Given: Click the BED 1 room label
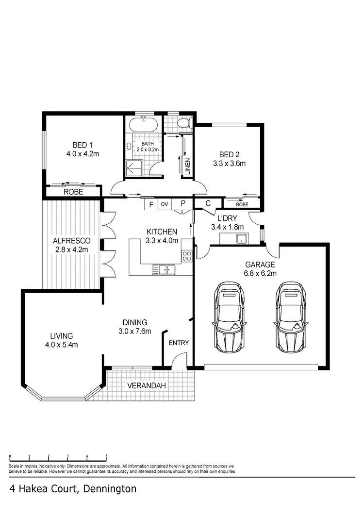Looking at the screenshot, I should (x=83, y=145).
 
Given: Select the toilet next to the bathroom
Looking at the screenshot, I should (x=182, y=125).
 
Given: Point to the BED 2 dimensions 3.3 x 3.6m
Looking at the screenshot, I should (x=229, y=164).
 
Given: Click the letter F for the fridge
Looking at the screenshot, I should (x=151, y=204).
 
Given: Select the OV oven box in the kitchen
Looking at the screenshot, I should (x=165, y=204).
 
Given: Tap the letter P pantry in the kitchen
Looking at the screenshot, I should (x=183, y=204).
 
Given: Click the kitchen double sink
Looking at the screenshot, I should (x=165, y=269).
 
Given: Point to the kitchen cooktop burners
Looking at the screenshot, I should (x=186, y=256).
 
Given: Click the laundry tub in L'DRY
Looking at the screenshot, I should (x=240, y=238).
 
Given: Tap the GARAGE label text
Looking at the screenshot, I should (x=260, y=265).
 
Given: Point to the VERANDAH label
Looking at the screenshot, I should (x=147, y=386).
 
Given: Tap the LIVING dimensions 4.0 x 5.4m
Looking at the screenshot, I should (x=61, y=345).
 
